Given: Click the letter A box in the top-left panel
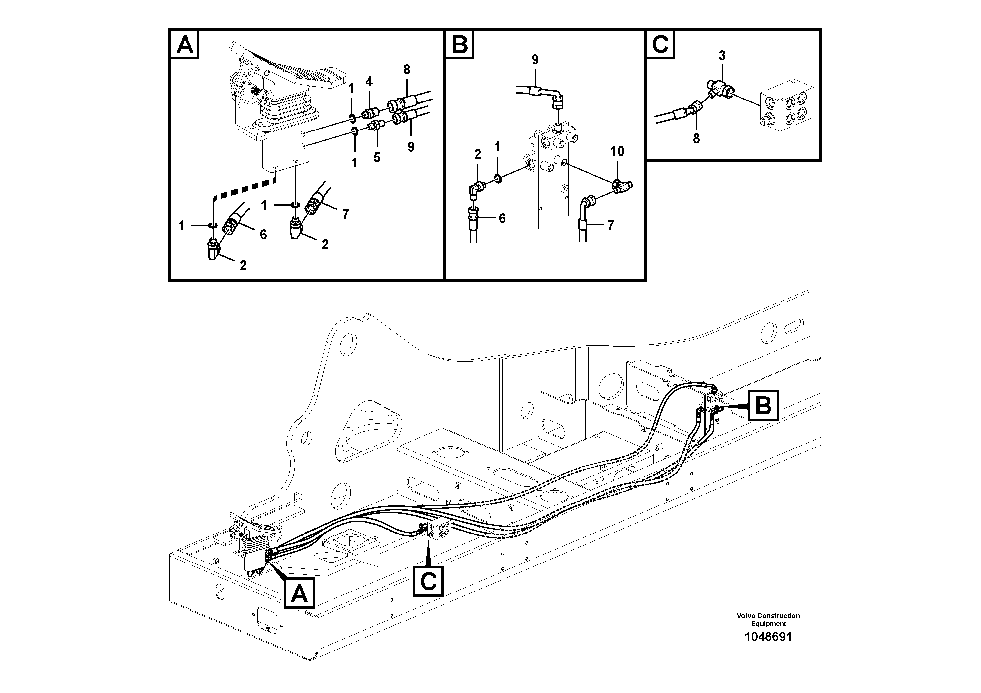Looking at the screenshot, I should click(x=185, y=44).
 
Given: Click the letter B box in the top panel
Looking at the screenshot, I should click(x=459, y=44).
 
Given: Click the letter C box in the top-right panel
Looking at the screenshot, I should click(x=660, y=44).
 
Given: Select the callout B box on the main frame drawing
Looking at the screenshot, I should click(x=763, y=405).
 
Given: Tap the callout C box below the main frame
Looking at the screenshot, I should click(x=428, y=581).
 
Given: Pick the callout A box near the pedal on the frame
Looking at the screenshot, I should click(x=299, y=593).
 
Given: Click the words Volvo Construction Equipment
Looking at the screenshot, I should click(x=768, y=619).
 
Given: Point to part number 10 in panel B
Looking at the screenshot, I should click(x=617, y=151).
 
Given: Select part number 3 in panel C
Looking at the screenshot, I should click(x=722, y=56).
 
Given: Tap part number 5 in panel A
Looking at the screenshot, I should click(x=376, y=157).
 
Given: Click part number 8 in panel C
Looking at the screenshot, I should click(x=696, y=138).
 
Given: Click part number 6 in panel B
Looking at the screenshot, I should click(x=502, y=218).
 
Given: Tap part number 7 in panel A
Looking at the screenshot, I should click(x=345, y=214).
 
